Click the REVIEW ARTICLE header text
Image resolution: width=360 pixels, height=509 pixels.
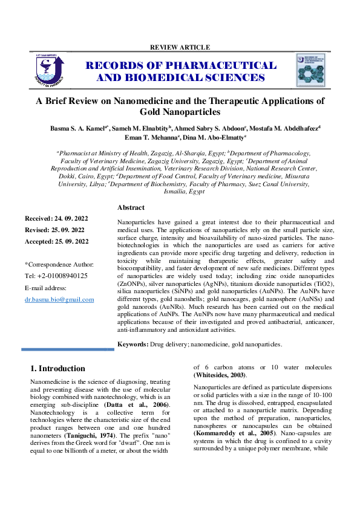(180, 47)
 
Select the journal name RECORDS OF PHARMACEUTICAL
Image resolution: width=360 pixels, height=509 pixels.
(181, 65)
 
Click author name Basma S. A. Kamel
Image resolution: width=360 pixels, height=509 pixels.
(77, 129)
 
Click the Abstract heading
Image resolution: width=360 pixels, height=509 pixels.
(131, 207)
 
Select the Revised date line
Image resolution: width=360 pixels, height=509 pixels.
(56, 230)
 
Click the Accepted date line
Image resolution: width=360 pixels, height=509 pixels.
(57, 242)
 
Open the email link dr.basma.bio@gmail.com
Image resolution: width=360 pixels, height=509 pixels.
(59, 299)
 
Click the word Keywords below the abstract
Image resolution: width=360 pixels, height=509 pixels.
(132, 344)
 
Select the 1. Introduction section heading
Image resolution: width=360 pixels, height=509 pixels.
(57, 368)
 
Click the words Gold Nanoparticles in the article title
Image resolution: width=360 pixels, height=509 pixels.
(180, 112)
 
